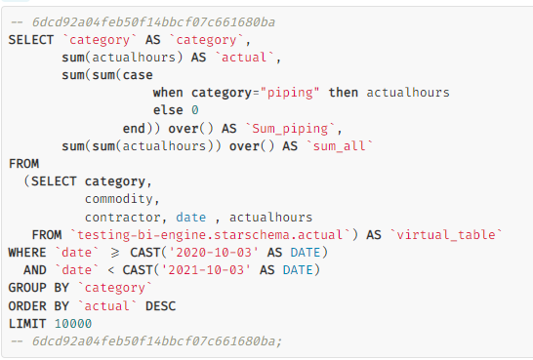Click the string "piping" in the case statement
(x=290, y=93)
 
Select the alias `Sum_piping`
(x=290, y=129)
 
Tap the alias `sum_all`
(x=340, y=146)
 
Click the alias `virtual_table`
(x=446, y=235)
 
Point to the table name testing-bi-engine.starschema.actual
(x=210, y=235)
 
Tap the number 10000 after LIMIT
(x=73, y=324)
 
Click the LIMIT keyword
(x=27, y=324)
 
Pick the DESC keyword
(x=160, y=306)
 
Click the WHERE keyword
(x=27, y=253)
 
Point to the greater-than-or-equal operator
(x=115, y=253)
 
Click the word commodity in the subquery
(x=122, y=199)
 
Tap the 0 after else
(x=195, y=110)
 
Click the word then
(x=344, y=93)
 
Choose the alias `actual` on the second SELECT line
(x=244, y=58)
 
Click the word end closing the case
(x=134, y=129)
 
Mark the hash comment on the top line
(x=143, y=22)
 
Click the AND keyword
(x=35, y=270)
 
